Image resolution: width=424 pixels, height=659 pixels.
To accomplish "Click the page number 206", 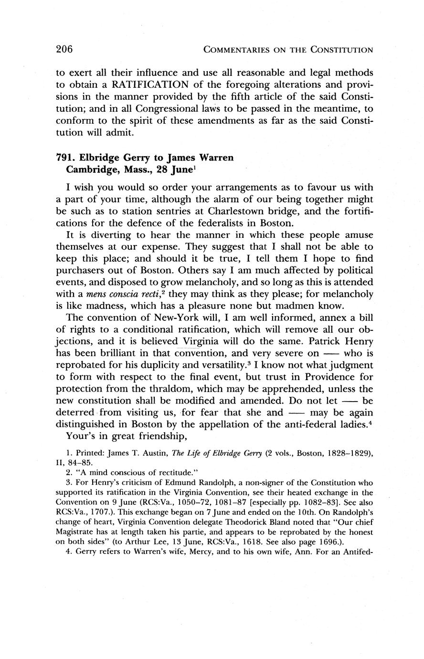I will coord(64,49).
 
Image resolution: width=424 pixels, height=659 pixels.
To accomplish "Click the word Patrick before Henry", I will coord(324,342).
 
